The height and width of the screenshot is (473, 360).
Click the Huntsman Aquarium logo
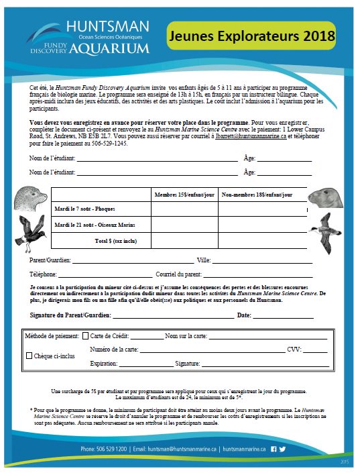point(91,37)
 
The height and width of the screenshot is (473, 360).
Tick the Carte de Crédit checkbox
point(85,335)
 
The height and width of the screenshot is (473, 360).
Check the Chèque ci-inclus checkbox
point(29,356)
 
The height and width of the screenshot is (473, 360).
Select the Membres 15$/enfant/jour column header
point(184,195)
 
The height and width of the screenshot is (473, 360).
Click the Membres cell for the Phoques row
point(184,209)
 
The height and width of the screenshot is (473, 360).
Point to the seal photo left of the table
point(31,197)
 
